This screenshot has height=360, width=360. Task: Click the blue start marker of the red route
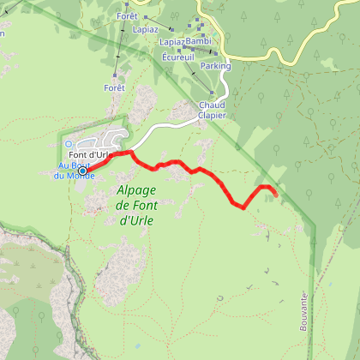[x=82, y=171]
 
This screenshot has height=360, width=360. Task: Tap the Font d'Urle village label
[x=98, y=155]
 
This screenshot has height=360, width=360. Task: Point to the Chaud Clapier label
[x=211, y=110]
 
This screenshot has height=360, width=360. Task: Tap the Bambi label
[x=197, y=40]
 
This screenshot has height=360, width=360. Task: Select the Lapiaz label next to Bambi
[x=170, y=40]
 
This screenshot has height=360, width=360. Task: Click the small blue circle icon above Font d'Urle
[x=69, y=144]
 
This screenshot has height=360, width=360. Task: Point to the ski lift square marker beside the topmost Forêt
[x=146, y=16]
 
